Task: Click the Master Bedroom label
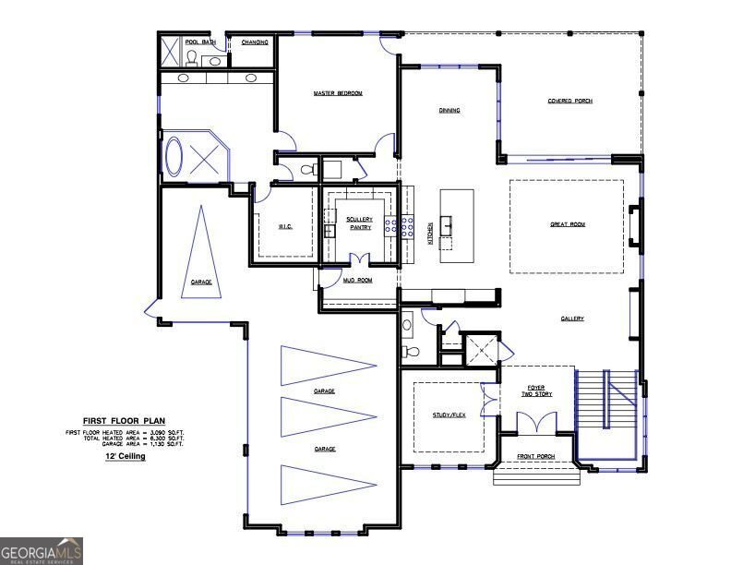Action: click(337, 93)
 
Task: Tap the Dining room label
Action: click(449, 111)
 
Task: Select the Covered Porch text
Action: click(569, 101)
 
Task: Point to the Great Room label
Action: click(568, 224)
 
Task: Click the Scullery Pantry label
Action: click(360, 222)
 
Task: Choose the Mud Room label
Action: click(357, 280)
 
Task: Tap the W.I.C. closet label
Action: click(285, 226)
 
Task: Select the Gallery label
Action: click(572, 319)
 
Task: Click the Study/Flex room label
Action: click(449, 415)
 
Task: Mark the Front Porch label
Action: click(535, 456)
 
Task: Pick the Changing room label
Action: click(255, 42)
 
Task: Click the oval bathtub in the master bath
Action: click(174, 157)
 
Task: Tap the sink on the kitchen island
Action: click(447, 223)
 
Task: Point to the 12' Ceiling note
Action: click(125, 456)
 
